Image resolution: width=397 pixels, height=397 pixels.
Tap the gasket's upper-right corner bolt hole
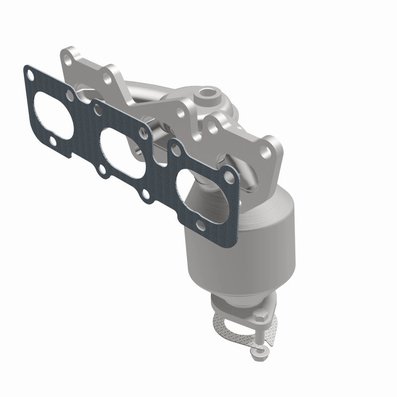tap(230, 174)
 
